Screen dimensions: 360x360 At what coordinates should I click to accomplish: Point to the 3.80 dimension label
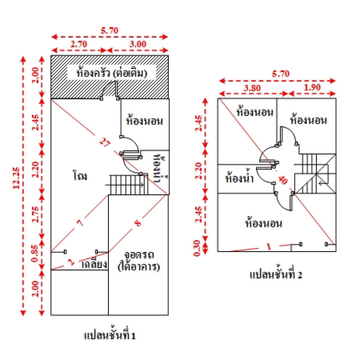pos(253,89)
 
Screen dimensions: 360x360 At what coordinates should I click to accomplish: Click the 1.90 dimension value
pos(312,89)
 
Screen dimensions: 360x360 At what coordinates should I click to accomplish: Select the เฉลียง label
pos(94,264)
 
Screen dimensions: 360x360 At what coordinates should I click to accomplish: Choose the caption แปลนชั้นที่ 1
pos(110,335)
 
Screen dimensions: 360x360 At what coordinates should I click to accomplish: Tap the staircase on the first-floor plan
pos(127,184)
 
